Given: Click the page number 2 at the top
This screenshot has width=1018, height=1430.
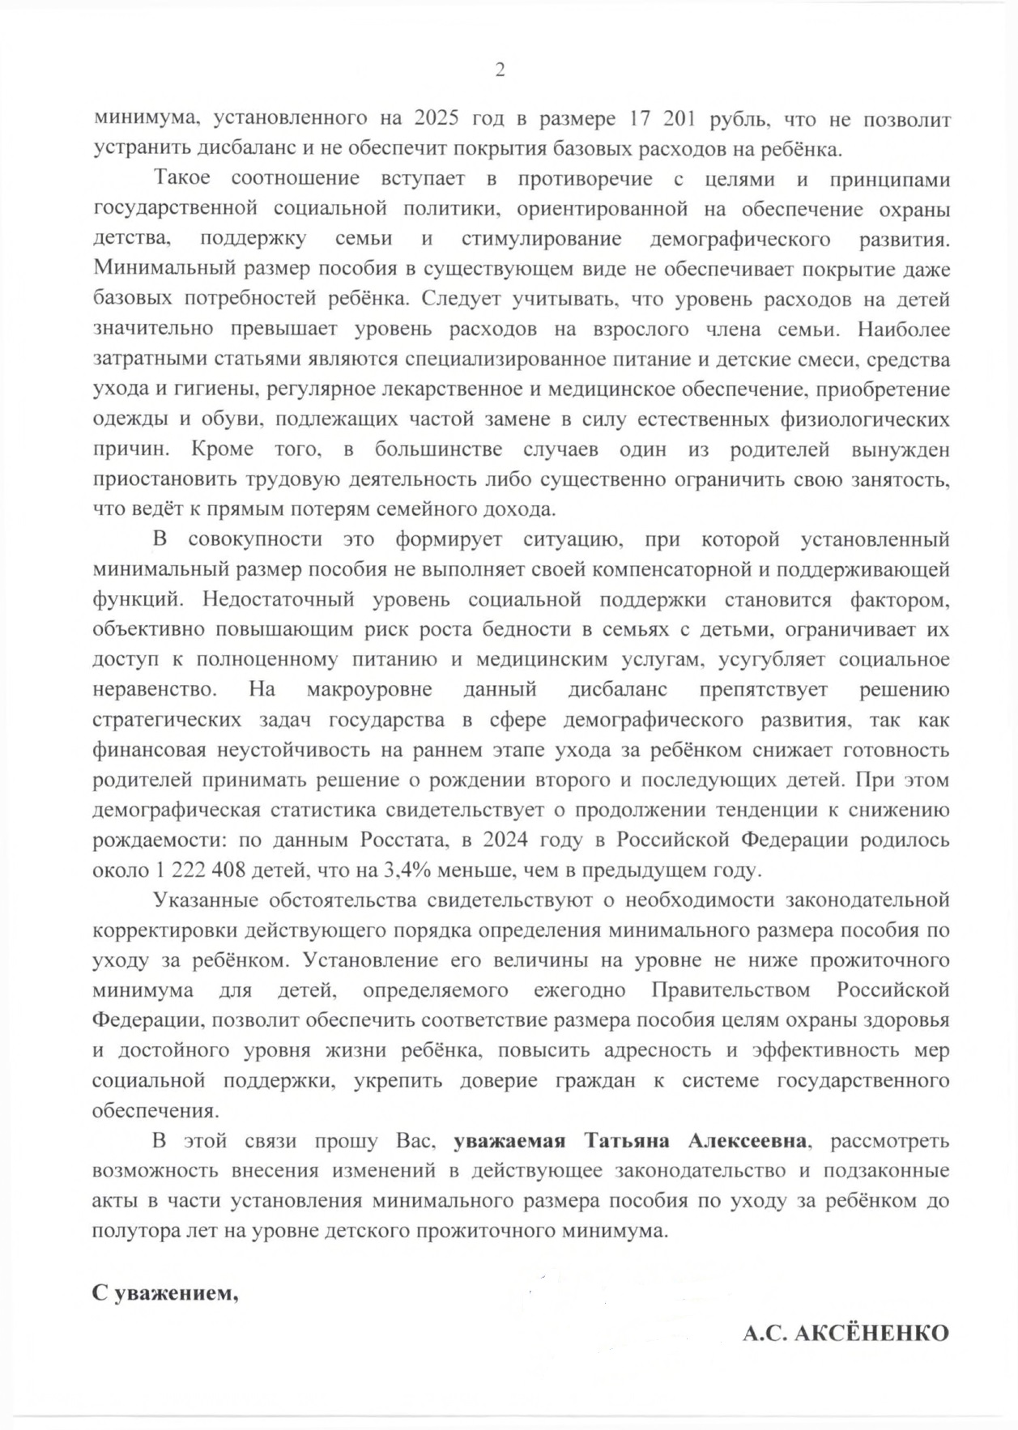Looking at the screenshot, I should [500, 70].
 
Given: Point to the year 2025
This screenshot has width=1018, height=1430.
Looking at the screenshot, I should [437, 119].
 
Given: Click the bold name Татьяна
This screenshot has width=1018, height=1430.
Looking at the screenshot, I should [626, 1141].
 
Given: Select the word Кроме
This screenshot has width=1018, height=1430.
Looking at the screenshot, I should [223, 449].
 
